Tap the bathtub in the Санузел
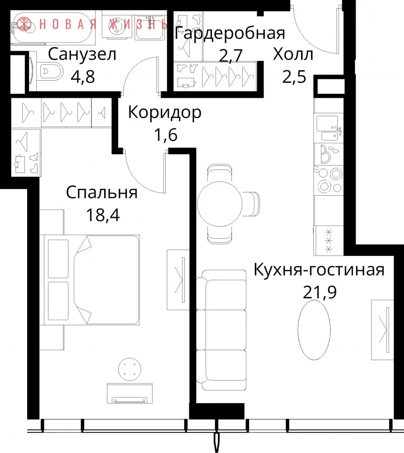tap(53, 28)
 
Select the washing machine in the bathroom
tap(117, 26)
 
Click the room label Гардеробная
tap(230, 33)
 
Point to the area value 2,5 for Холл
tap(294, 77)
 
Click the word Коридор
tap(164, 113)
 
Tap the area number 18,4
tap(103, 215)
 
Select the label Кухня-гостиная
tap(319, 270)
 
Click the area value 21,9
tap(320, 292)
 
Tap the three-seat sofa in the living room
tap(221, 330)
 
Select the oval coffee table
tap(314, 330)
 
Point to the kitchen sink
tap(329, 128)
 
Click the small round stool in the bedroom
tap(130, 370)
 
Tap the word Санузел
tap(82, 55)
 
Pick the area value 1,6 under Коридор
tap(166, 135)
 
